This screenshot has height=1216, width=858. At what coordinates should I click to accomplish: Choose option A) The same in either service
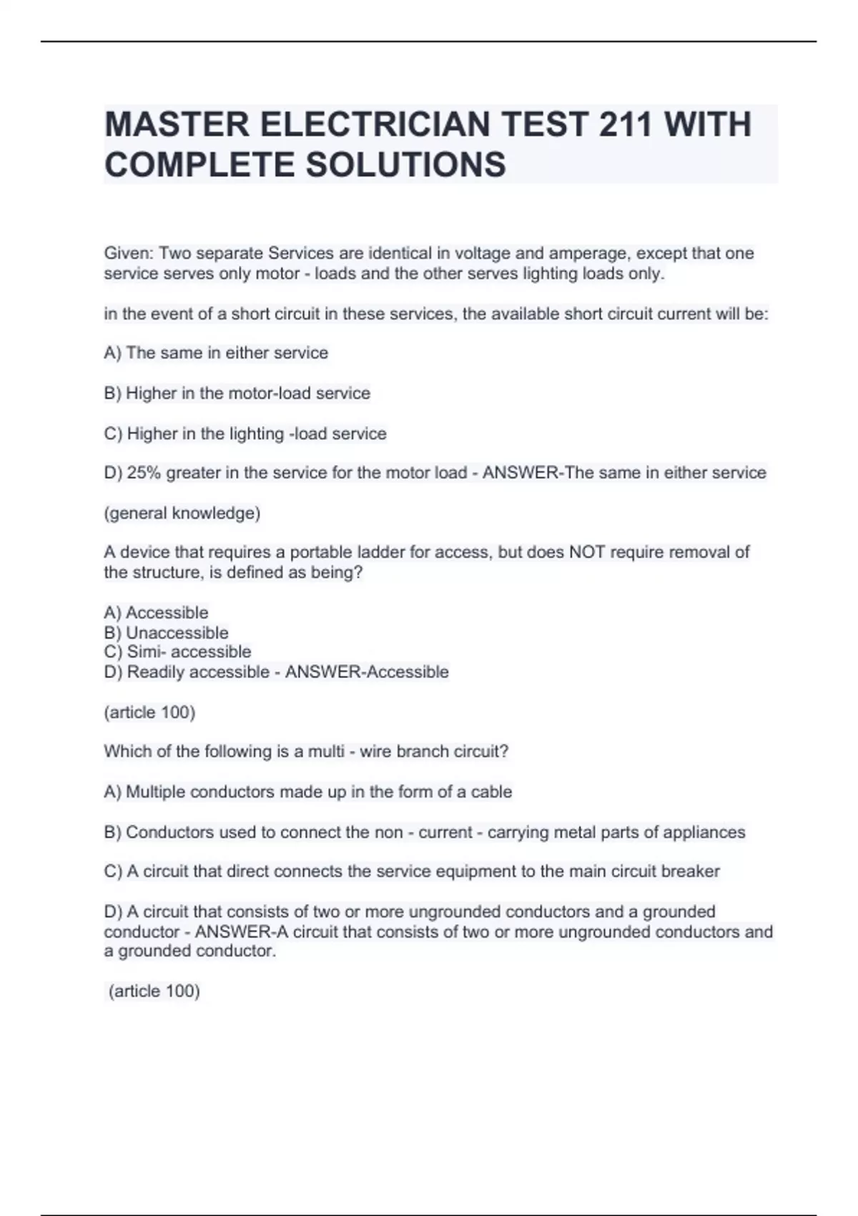pyautogui.click(x=216, y=353)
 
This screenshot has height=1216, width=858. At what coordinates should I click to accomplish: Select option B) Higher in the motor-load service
pyautogui.click(x=237, y=393)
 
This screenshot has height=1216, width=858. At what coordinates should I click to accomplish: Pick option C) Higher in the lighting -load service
pyautogui.click(x=245, y=433)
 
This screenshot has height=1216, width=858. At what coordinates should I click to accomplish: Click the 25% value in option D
pyautogui.click(x=144, y=473)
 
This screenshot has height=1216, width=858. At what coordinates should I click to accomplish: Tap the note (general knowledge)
pyautogui.click(x=182, y=513)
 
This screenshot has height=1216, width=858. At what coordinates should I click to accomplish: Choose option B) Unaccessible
pyautogui.click(x=166, y=633)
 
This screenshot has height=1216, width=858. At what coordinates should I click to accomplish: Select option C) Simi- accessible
pyautogui.click(x=177, y=652)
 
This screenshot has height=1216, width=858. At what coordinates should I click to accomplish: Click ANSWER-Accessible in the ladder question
pyautogui.click(x=367, y=672)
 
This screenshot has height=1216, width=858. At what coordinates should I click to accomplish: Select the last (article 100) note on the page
pyautogui.click(x=154, y=991)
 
